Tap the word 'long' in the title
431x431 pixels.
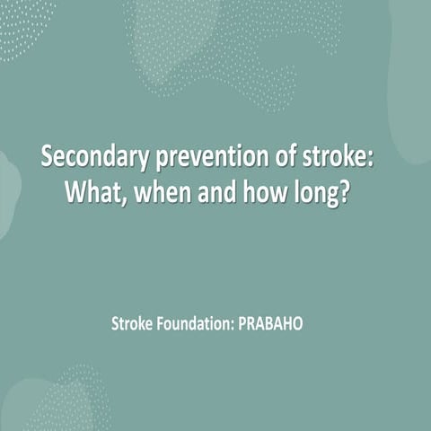coord(318,194)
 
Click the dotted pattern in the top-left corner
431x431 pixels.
coord(22,22)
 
